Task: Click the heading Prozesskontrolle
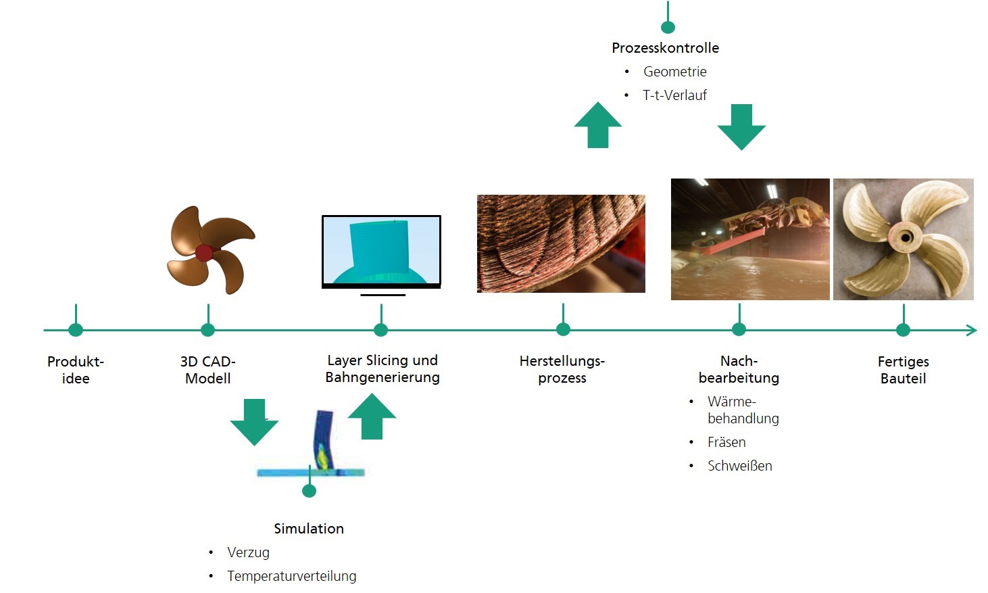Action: [x=665, y=48]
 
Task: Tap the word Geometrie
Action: [x=675, y=72]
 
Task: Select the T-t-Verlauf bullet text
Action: [x=675, y=95]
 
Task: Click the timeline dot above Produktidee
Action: [x=76, y=329]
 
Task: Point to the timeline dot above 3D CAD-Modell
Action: [x=207, y=329]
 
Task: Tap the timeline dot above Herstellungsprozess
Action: [x=563, y=329]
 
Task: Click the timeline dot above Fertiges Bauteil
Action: [x=904, y=329]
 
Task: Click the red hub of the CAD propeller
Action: [x=204, y=254]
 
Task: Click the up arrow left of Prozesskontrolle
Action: [x=598, y=125]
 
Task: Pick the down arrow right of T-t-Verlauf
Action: [x=741, y=127]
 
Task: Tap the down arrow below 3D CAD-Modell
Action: [x=254, y=422]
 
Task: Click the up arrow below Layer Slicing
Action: [x=372, y=416]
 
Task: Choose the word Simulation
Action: [x=309, y=529]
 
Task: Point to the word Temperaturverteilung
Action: [x=291, y=576]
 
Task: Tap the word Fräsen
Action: [x=726, y=442]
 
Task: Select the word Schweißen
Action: [x=740, y=466]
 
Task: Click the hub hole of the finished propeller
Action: [x=906, y=238]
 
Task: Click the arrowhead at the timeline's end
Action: [x=972, y=330]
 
